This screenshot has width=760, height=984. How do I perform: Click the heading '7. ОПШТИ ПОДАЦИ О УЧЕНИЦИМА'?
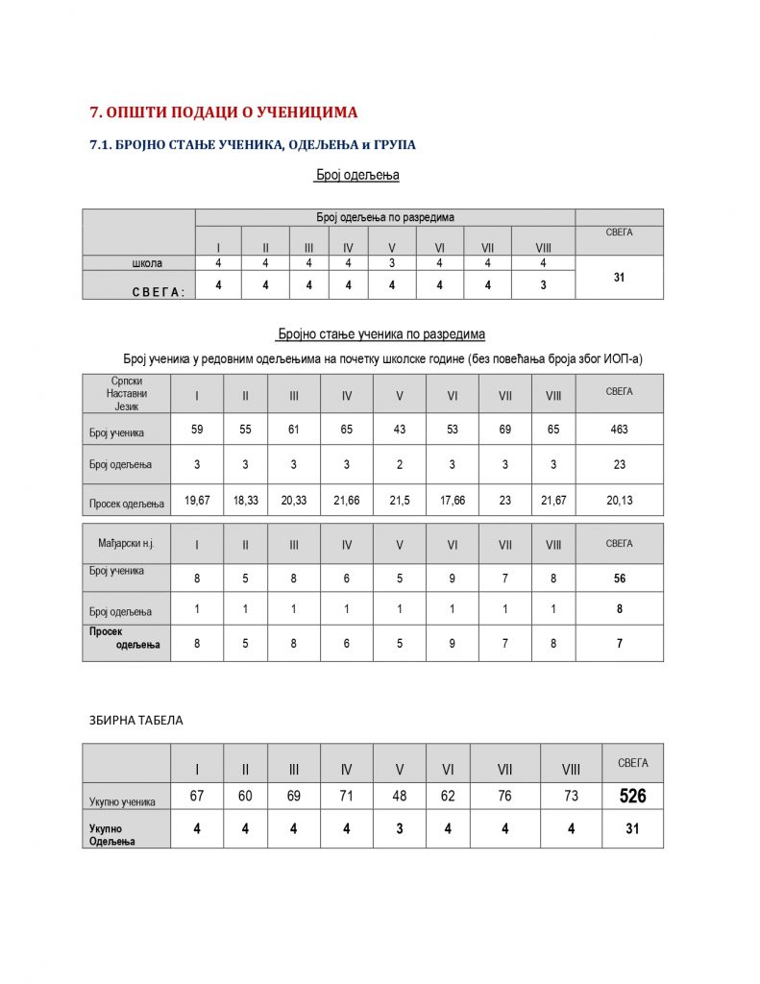coord(223,112)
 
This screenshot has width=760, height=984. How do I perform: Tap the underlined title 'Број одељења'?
coord(357,176)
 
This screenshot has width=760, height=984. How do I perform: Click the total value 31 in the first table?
coord(619,277)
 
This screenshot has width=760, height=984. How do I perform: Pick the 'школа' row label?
coord(147,262)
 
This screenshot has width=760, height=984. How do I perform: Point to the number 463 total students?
coord(619,430)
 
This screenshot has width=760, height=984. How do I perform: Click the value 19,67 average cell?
coord(197,501)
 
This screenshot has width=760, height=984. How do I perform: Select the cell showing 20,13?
coord(619,501)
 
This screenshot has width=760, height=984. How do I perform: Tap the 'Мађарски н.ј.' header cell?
coord(126,544)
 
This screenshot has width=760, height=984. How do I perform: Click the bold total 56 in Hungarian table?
coord(619,578)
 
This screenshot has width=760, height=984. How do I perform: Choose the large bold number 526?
coord(632,796)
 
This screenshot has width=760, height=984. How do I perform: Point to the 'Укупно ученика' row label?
coord(122,799)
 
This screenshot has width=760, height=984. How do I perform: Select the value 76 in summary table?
coord(504,796)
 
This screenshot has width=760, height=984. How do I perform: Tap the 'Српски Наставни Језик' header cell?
coord(126,393)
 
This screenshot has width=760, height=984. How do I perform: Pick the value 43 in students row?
coord(399,430)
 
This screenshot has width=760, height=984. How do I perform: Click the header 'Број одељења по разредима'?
coord(385,217)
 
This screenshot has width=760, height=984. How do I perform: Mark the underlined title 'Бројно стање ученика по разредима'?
coord(380,334)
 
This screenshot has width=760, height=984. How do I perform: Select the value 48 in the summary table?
coord(399,796)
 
